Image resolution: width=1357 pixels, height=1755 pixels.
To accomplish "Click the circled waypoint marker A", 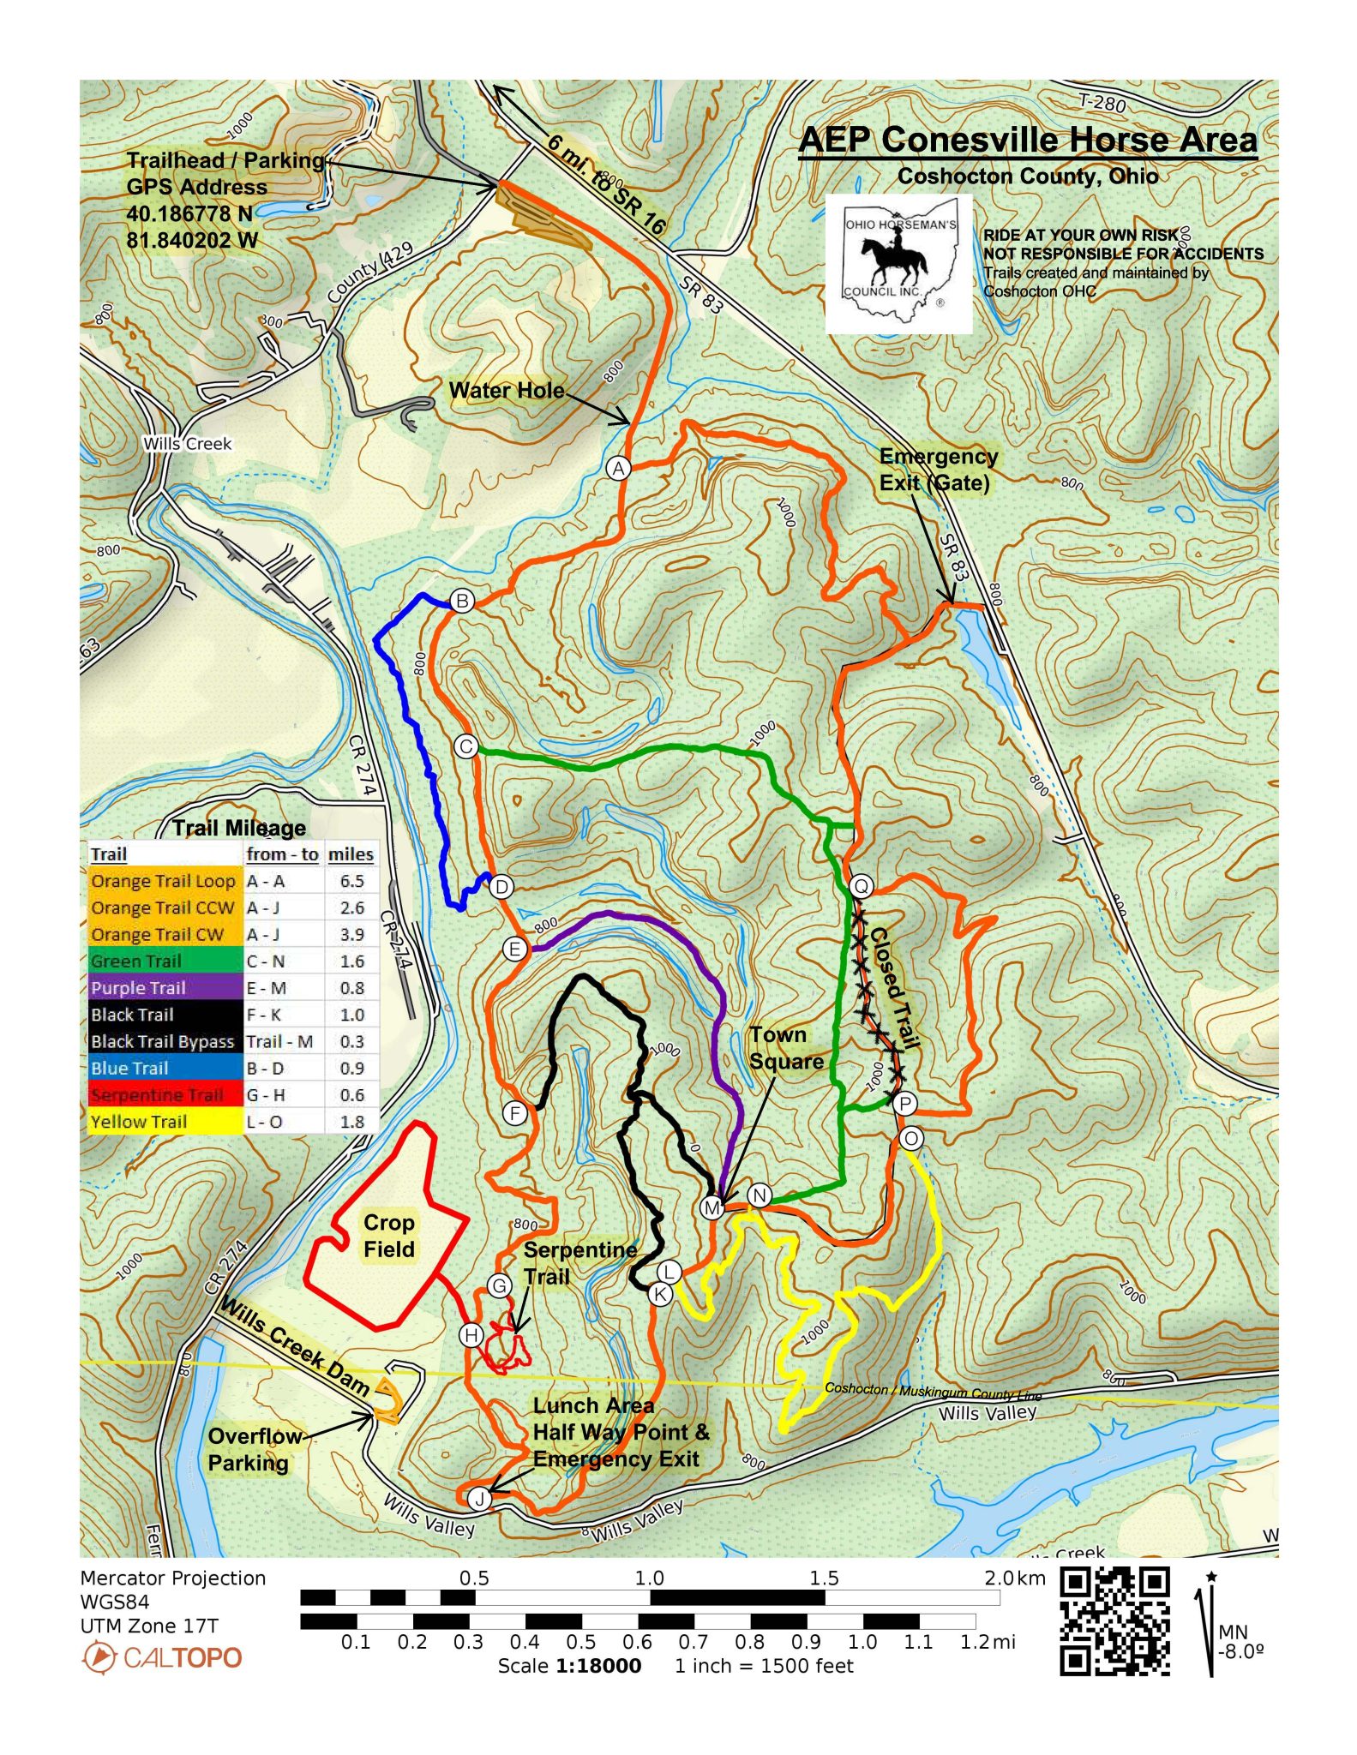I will click(618, 468).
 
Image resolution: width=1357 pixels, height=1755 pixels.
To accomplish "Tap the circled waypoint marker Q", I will click(861, 886).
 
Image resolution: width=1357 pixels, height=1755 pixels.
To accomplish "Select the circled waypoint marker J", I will click(479, 1498).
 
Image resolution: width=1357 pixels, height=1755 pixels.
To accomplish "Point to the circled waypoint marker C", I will click(465, 746).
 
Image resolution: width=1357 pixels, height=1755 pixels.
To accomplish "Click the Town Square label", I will click(786, 1047).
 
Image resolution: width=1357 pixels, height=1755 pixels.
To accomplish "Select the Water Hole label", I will click(507, 391).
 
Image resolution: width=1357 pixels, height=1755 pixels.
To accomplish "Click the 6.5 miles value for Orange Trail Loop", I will click(351, 881).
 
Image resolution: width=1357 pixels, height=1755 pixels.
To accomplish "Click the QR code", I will click(1114, 1620).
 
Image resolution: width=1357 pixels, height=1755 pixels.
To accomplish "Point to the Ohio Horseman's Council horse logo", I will click(898, 263).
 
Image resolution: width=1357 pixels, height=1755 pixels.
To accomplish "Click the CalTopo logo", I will click(162, 1657).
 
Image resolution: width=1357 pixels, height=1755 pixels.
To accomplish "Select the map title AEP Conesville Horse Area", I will click(1027, 140).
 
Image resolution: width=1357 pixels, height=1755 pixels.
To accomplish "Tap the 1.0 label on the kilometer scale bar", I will click(649, 1578).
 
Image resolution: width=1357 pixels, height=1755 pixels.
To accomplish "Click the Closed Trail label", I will click(895, 988).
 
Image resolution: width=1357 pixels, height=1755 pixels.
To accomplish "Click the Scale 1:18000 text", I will click(569, 1666).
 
